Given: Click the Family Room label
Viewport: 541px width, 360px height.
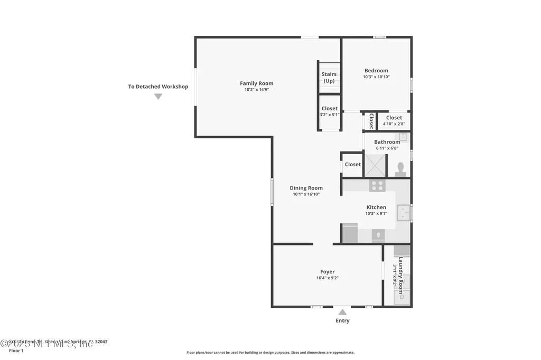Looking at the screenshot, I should click(256, 83).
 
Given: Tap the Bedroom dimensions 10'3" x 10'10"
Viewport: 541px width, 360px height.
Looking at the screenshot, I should click(376, 77).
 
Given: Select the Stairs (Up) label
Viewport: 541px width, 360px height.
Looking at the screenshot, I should click(329, 78).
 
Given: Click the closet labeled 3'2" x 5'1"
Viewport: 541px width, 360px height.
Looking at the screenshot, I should click(329, 115).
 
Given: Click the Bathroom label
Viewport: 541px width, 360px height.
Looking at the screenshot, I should click(387, 142).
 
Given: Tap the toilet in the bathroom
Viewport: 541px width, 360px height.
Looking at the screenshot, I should click(400, 168).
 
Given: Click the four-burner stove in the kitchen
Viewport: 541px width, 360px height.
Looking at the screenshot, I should click(377, 185).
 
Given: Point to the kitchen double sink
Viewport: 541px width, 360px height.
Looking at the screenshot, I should click(404, 213).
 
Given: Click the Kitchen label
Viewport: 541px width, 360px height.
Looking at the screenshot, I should click(376, 207).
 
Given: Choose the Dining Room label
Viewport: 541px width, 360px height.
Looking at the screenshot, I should click(306, 188).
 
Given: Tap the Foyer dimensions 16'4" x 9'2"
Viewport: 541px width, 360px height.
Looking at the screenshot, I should click(327, 278).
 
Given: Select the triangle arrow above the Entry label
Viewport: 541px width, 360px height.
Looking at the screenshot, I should click(342, 312).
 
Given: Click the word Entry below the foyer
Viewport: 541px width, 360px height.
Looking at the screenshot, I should click(342, 320).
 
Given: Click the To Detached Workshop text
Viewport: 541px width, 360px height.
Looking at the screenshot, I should click(158, 87).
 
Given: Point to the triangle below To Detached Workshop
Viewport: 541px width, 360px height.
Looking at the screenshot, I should click(158, 97).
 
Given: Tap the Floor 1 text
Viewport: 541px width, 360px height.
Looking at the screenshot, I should click(16, 350).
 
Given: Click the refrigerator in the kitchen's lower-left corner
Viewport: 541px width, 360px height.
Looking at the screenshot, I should click(350, 233).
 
